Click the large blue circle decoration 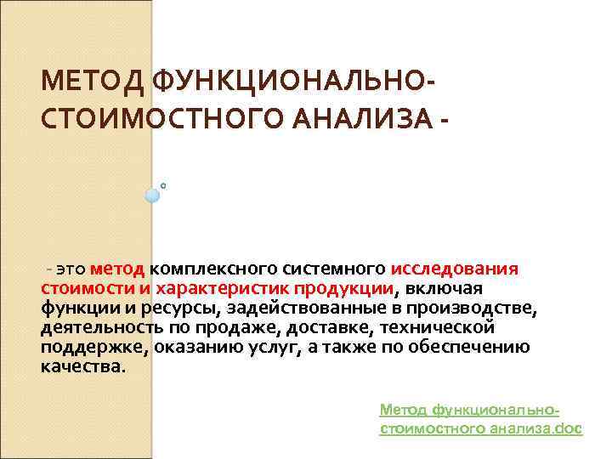click(153, 195)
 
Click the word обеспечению click(476, 347)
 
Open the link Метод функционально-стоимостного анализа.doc click(480, 419)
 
